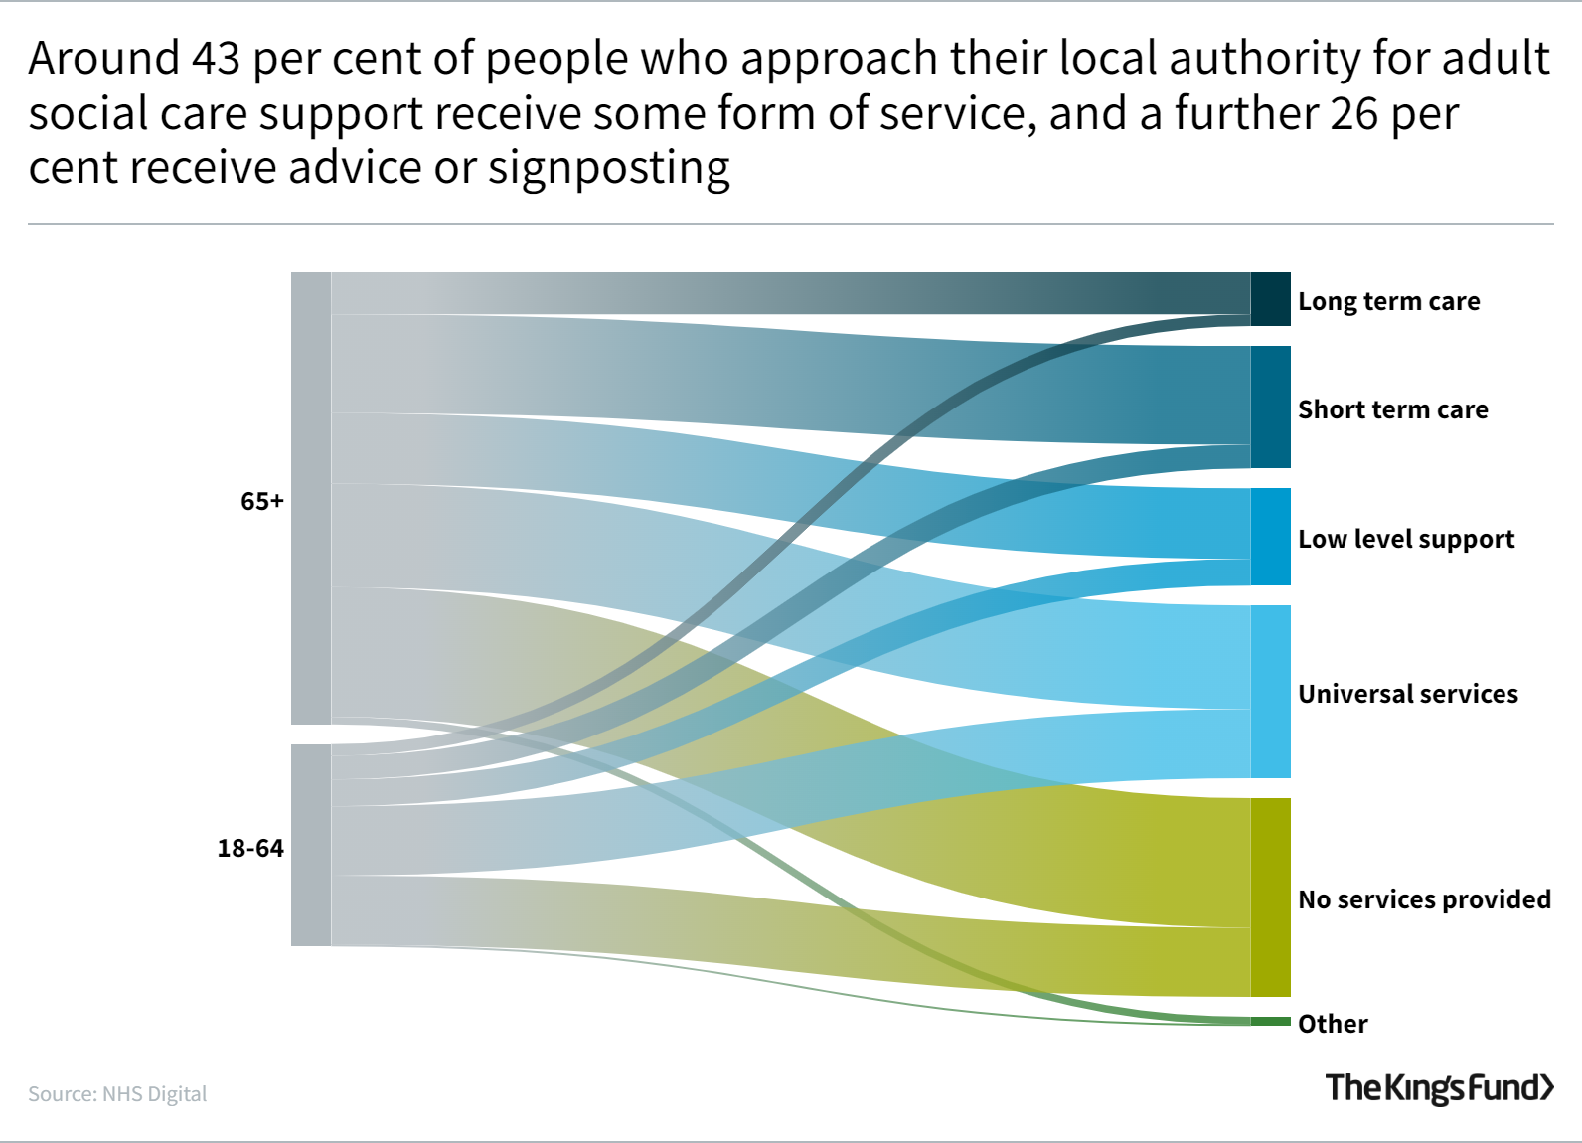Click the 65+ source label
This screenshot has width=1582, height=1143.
[x=262, y=501]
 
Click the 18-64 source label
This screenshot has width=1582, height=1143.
[x=250, y=848]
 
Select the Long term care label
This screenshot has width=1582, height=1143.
[x=1388, y=301]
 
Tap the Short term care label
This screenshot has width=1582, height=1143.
[x=1392, y=409]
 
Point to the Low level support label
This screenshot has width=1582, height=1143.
[x=1406, y=539]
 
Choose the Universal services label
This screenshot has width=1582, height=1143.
[x=1407, y=694]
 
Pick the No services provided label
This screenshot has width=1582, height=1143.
[x=1424, y=899]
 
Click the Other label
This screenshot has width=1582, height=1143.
[x=1333, y=1024]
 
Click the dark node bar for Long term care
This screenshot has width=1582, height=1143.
[x=1270, y=299]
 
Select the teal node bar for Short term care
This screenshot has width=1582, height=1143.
[x=1270, y=407]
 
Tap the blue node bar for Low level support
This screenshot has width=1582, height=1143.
[x=1270, y=537]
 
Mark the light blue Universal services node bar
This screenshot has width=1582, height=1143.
[x=1270, y=692]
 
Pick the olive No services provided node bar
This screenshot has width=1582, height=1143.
[x=1270, y=897]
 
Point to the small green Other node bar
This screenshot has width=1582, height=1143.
[x=1270, y=1022]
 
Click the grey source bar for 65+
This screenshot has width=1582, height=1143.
[x=311, y=498]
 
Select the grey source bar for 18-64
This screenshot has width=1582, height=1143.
[x=311, y=846]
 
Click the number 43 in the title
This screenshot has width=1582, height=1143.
[x=216, y=59]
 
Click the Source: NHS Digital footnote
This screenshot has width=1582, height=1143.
[x=117, y=1094]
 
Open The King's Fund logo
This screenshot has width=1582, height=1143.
[x=1439, y=1087]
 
